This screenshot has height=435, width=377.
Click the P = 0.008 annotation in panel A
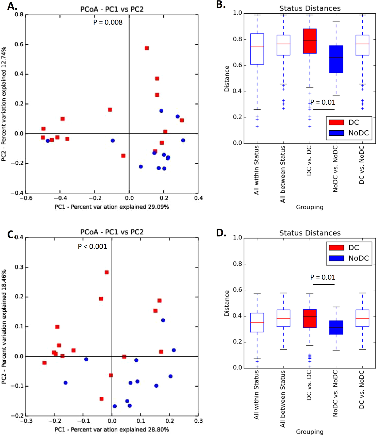pos(108,22)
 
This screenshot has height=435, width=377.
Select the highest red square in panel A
pos(147,48)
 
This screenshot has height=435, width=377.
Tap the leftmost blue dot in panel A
pos(48,141)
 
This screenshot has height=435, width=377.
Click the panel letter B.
pos(221,5)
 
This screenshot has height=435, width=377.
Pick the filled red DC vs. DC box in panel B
pos(309,41)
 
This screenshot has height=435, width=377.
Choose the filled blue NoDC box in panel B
pos(336,59)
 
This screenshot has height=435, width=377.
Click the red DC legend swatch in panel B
pos(336,123)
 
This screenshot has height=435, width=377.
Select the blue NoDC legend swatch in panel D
pos(336,258)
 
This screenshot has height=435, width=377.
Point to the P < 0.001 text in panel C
pos(92,246)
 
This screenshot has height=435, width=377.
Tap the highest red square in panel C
pos(107,272)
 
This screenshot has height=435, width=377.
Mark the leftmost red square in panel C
pos(44,363)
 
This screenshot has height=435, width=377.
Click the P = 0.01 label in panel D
pos(323,277)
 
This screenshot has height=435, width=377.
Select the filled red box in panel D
pos(309,318)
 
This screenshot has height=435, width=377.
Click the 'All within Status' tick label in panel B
pos(256,170)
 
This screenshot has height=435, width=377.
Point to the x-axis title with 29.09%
pos(112,207)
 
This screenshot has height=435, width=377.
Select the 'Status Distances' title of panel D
pos(310,233)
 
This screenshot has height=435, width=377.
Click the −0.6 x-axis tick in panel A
pos(26,198)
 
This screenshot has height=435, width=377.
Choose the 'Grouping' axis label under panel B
pos(309,207)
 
